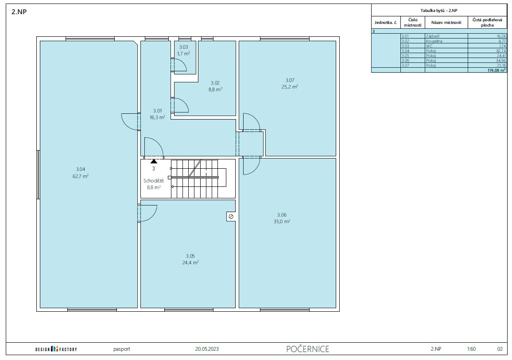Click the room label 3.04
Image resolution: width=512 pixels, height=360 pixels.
[81, 169]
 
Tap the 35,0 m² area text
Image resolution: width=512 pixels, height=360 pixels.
[282, 221]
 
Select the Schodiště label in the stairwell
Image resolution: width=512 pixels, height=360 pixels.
[154, 181]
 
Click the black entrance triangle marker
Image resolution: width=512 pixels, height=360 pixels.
[154, 161]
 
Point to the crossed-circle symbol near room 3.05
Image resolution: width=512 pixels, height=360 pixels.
[231, 217]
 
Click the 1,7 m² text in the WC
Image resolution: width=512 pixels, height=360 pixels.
[183, 54]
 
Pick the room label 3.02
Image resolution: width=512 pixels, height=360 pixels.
[215, 83]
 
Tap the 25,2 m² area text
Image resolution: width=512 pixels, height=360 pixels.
[290, 87]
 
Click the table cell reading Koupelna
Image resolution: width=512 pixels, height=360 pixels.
[434, 41]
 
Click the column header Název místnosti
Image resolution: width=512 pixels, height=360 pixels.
[446, 23]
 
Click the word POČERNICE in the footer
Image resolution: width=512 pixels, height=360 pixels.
[307, 349]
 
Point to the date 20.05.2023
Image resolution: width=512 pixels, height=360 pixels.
[207, 349]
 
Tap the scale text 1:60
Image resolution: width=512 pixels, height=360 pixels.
[471, 349]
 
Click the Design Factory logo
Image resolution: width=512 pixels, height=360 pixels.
[56, 349]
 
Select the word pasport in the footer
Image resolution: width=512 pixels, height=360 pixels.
[122, 349]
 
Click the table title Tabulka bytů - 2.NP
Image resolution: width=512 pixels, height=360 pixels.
[439, 11]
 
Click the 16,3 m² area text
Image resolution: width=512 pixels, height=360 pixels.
[157, 117]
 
